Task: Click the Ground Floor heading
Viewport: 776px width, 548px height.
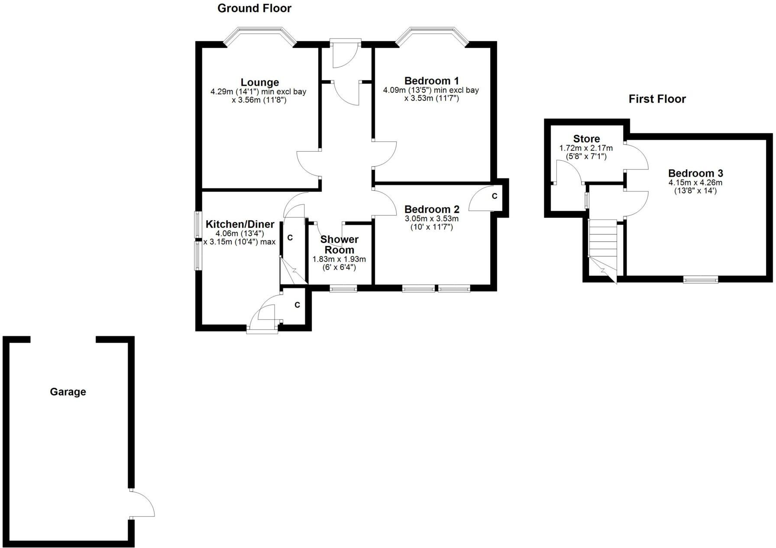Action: point(254,8)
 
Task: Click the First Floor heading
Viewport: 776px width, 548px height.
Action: point(657,99)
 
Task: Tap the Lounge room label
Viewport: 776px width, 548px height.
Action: point(259,82)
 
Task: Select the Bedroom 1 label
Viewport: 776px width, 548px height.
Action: point(431,81)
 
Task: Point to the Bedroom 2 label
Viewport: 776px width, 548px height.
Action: point(431,210)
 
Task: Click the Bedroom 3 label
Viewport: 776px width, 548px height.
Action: point(695,173)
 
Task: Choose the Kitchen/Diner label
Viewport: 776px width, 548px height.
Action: point(239,224)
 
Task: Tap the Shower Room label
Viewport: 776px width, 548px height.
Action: point(339,245)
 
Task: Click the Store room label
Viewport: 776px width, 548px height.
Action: point(586,139)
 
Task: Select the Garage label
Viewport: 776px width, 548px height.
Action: point(68,392)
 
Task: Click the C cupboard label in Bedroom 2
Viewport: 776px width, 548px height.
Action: point(494,196)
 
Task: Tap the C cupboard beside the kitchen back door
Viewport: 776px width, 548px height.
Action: point(297,305)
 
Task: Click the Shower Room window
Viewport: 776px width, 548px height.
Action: point(343,288)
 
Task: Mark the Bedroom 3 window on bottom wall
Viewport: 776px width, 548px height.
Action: point(700,280)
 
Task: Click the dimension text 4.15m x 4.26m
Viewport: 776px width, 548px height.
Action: point(695,182)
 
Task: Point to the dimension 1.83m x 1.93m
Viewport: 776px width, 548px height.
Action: point(339,259)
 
